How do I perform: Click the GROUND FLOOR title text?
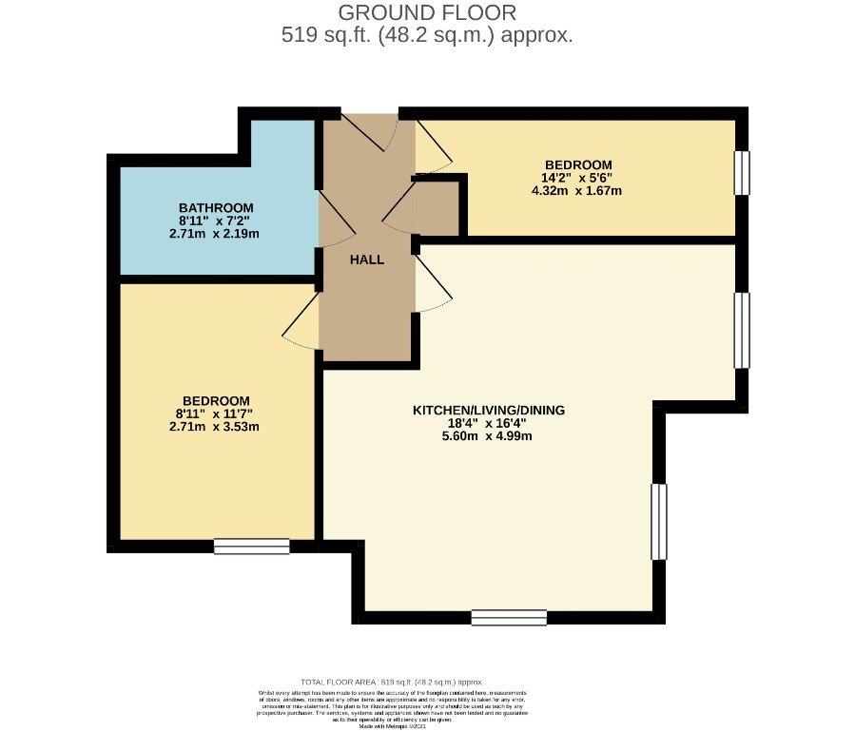pyautogui.click(x=427, y=12)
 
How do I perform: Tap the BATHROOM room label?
pyautogui.click(x=216, y=208)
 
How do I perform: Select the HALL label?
pyautogui.click(x=366, y=260)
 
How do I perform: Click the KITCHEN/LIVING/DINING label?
pyautogui.click(x=488, y=411)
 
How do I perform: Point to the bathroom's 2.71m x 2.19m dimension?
pyautogui.click(x=216, y=233)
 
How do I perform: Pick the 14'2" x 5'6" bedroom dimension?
pyautogui.click(x=576, y=177)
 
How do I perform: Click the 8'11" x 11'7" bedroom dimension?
pyautogui.click(x=216, y=414)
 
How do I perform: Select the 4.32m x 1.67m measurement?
pyautogui.click(x=576, y=190)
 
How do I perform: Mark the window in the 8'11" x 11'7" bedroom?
pyautogui.click(x=251, y=546)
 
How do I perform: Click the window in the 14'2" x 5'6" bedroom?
pyautogui.click(x=742, y=173)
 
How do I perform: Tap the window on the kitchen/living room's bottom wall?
pyautogui.click(x=509, y=618)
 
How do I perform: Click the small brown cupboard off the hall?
pyautogui.click(x=437, y=209)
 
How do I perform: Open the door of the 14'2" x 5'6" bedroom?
pyautogui.click(x=433, y=147)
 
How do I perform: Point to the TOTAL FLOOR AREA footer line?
pyautogui.click(x=392, y=683)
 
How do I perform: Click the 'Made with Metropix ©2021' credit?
pyautogui.click(x=392, y=725)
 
